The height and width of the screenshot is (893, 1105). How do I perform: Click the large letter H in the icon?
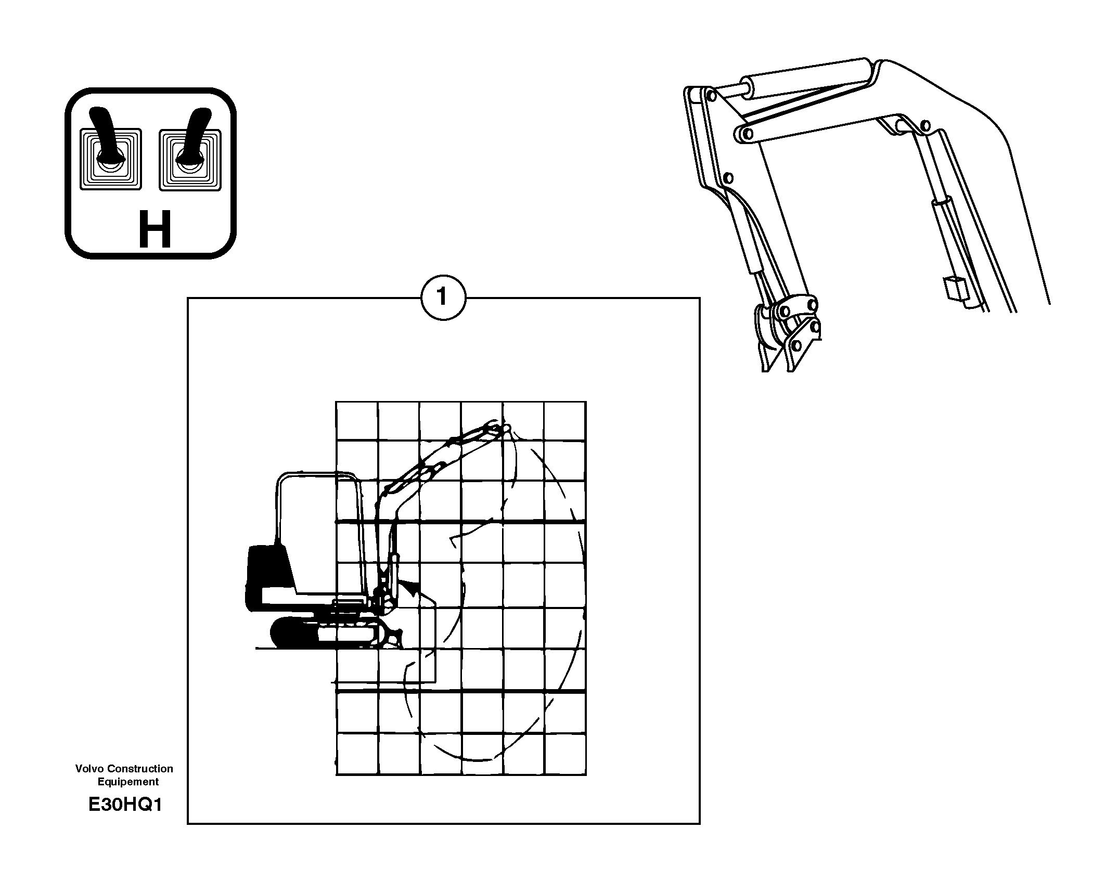[155, 229]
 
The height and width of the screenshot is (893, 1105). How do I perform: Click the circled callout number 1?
[443, 297]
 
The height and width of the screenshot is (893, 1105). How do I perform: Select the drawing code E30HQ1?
[125, 805]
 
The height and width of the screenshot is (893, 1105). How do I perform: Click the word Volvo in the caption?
[87, 769]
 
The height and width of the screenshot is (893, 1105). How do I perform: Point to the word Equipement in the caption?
[128, 782]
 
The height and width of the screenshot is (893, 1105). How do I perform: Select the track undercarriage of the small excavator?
[333, 633]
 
